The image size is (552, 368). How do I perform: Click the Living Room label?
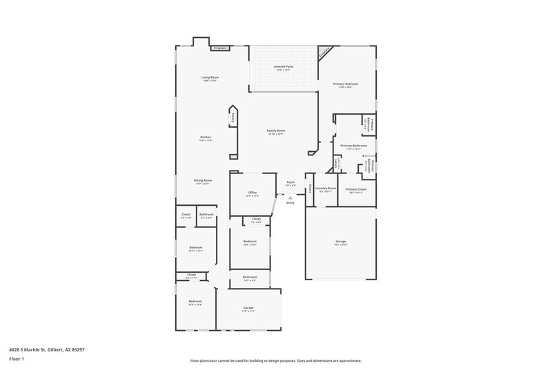click(x=210, y=77)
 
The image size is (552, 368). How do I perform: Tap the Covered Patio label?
click(x=283, y=66)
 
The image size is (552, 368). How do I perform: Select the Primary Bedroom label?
click(x=346, y=84)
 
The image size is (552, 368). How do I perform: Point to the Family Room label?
click(x=277, y=130)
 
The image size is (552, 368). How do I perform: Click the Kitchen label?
click(x=206, y=137)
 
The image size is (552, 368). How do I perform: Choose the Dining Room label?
click(x=202, y=181)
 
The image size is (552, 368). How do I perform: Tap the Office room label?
click(x=252, y=193)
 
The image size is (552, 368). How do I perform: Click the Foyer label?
click(x=290, y=182)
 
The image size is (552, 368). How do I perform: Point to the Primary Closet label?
click(x=356, y=188)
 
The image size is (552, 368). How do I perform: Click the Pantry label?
click(x=233, y=119)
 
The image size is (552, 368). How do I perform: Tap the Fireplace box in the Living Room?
click(x=220, y=49)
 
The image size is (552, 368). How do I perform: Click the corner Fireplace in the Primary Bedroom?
click(x=324, y=51)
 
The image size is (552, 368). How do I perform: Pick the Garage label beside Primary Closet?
click(x=340, y=242)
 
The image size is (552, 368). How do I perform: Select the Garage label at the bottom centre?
click(x=248, y=308)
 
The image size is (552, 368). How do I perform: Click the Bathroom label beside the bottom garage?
click(x=250, y=277)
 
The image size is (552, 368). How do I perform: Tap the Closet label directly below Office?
click(x=256, y=219)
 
